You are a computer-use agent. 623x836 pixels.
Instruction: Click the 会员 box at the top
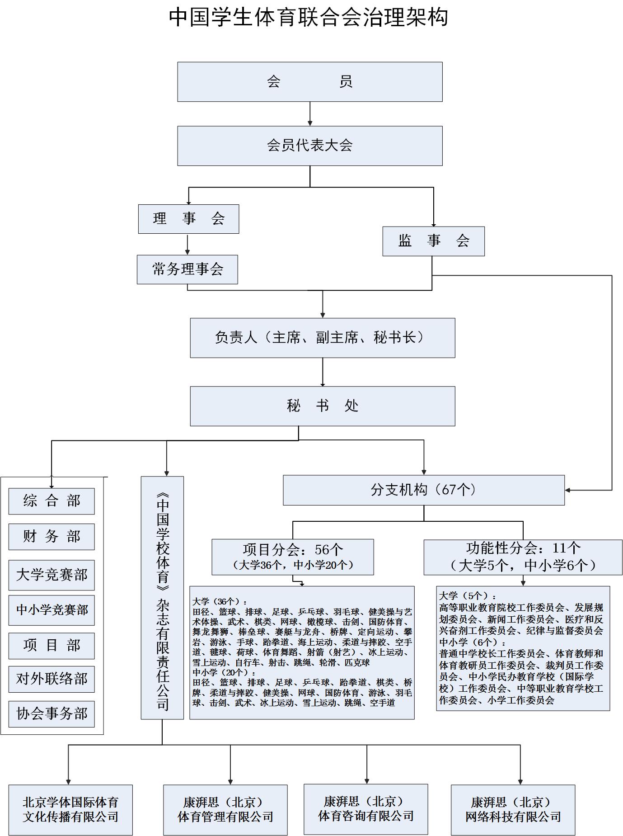click(x=309, y=82)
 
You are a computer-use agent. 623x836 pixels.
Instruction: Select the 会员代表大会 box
click(x=309, y=146)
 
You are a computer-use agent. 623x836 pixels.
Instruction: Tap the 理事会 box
click(x=188, y=219)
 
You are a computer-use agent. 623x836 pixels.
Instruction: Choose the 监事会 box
click(x=433, y=241)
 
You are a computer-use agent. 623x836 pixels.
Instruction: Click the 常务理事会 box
click(x=187, y=269)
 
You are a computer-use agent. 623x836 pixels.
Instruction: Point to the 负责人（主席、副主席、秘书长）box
click(x=323, y=338)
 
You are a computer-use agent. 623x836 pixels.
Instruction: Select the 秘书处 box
click(x=323, y=406)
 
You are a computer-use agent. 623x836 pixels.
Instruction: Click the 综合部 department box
click(x=52, y=501)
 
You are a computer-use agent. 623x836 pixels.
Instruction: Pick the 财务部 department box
click(x=52, y=537)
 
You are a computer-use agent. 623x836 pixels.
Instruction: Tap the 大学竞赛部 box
click(x=52, y=575)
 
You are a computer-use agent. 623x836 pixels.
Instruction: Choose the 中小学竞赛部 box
click(x=52, y=610)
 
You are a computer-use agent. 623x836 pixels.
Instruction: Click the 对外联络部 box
click(x=52, y=679)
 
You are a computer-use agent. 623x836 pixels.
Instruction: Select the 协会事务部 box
click(x=52, y=714)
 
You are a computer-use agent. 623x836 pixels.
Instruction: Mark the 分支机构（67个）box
click(x=424, y=490)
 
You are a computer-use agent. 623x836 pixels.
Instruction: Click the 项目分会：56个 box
click(x=293, y=557)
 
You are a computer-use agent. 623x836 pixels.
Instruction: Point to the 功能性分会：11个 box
click(x=523, y=557)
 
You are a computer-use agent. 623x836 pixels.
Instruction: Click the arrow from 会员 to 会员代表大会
click(x=310, y=114)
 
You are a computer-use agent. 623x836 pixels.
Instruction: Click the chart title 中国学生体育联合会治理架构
click(x=309, y=17)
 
